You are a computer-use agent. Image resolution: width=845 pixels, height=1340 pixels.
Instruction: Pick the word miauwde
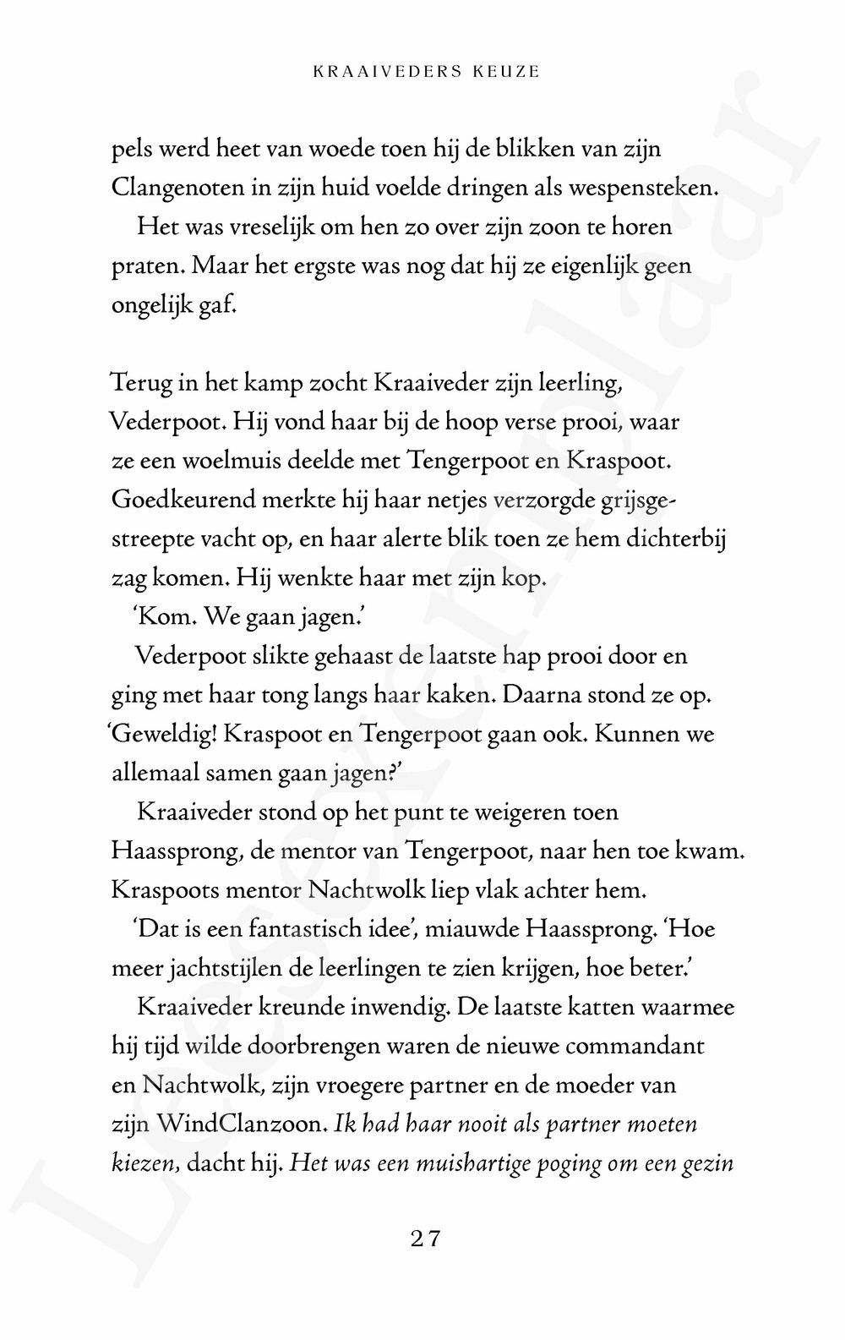click(468, 929)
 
